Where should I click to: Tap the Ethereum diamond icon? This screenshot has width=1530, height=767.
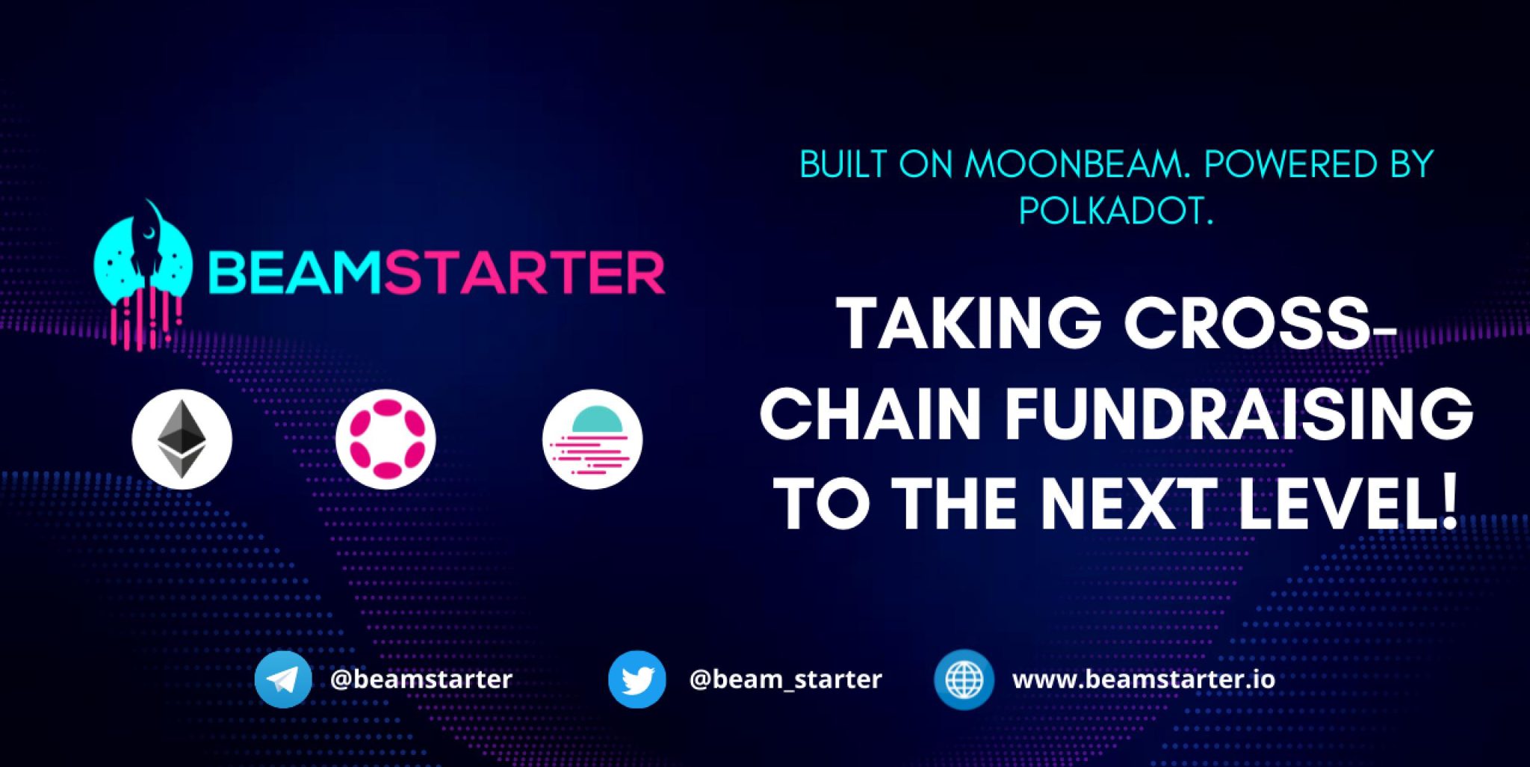tap(182, 440)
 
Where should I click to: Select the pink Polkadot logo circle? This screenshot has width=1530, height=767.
tap(385, 440)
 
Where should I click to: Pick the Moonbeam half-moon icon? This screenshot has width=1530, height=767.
tap(592, 440)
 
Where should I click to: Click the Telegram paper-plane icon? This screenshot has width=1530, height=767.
tap(283, 680)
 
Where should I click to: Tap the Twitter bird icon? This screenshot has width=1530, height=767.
tap(637, 680)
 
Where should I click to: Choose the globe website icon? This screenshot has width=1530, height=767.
tap(964, 680)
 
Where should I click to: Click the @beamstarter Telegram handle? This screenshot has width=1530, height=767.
tap(421, 680)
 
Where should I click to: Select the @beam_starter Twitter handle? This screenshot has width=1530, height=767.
tap(785, 680)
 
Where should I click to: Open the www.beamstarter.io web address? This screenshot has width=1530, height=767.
tap(1144, 680)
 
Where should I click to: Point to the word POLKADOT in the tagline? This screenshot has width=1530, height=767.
tap(1116, 212)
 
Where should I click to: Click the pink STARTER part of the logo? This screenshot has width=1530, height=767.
tap(524, 273)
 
